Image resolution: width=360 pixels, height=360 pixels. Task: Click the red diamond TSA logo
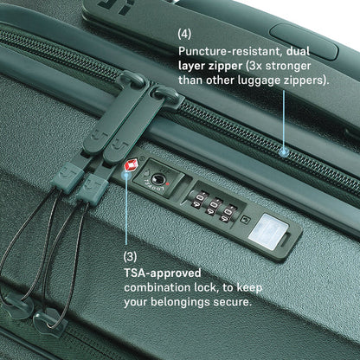point(130,165)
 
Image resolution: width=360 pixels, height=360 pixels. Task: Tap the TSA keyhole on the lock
point(157,179)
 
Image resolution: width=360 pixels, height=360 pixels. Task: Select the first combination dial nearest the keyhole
point(199,200)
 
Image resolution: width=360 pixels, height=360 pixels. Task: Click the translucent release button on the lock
point(268,232)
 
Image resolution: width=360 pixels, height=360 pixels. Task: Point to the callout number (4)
point(184,34)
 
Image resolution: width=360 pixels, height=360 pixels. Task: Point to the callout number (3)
point(130,256)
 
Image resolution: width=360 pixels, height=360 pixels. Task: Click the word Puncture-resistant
point(230,52)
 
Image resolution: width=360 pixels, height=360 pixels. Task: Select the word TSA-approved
point(163,273)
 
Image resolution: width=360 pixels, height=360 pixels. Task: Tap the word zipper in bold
point(225,67)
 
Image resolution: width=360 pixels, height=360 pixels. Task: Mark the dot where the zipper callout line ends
point(284,152)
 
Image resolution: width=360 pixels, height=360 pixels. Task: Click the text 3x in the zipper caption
point(254,66)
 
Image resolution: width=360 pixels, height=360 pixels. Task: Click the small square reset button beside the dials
point(245,220)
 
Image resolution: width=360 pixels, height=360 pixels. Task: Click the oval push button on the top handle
point(304,42)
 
